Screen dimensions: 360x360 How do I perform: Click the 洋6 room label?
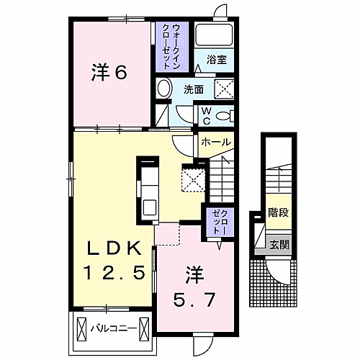pyautogui.click(x=109, y=72)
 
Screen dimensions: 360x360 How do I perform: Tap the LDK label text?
pyautogui.click(x=114, y=248)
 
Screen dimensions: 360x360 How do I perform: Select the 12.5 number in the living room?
pyautogui.click(x=114, y=272)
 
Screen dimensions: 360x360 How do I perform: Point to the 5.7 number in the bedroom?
pyautogui.click(x=194, y=300)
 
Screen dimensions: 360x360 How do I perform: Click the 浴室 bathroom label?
pyautogui.click(x=217, y=60)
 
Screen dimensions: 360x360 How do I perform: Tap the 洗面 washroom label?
pyautogui.click(x=194, y=89)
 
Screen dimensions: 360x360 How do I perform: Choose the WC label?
pyautogui.click(x=207, y=117)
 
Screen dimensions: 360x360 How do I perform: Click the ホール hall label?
pyautogui.click(x=216, y=142)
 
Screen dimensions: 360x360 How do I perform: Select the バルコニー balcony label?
pyautogui.click(x=113, y=328)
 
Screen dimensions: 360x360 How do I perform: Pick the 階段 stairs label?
pyautogui.click(x=278, y=212)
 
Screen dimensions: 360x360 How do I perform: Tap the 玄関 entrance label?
pyautogui.click(x=279, y=245)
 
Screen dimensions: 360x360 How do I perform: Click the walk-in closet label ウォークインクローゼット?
pyautogui.click(x=171, y=47)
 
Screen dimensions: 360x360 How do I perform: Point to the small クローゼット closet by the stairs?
pyautogui.click(x=220, y=222)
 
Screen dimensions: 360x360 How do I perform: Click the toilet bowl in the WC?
pyautogui.click(x=225, y=116)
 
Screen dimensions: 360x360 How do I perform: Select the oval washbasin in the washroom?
pyautogui.click(x=165, y=88)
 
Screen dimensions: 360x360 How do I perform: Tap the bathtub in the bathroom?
pyautogui.click(x=214, y=35)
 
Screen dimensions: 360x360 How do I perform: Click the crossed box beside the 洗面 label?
pyautogui.click(x=224, y=89)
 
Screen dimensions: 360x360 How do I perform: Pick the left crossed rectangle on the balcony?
pyautogui.click(x=81, y=328)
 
